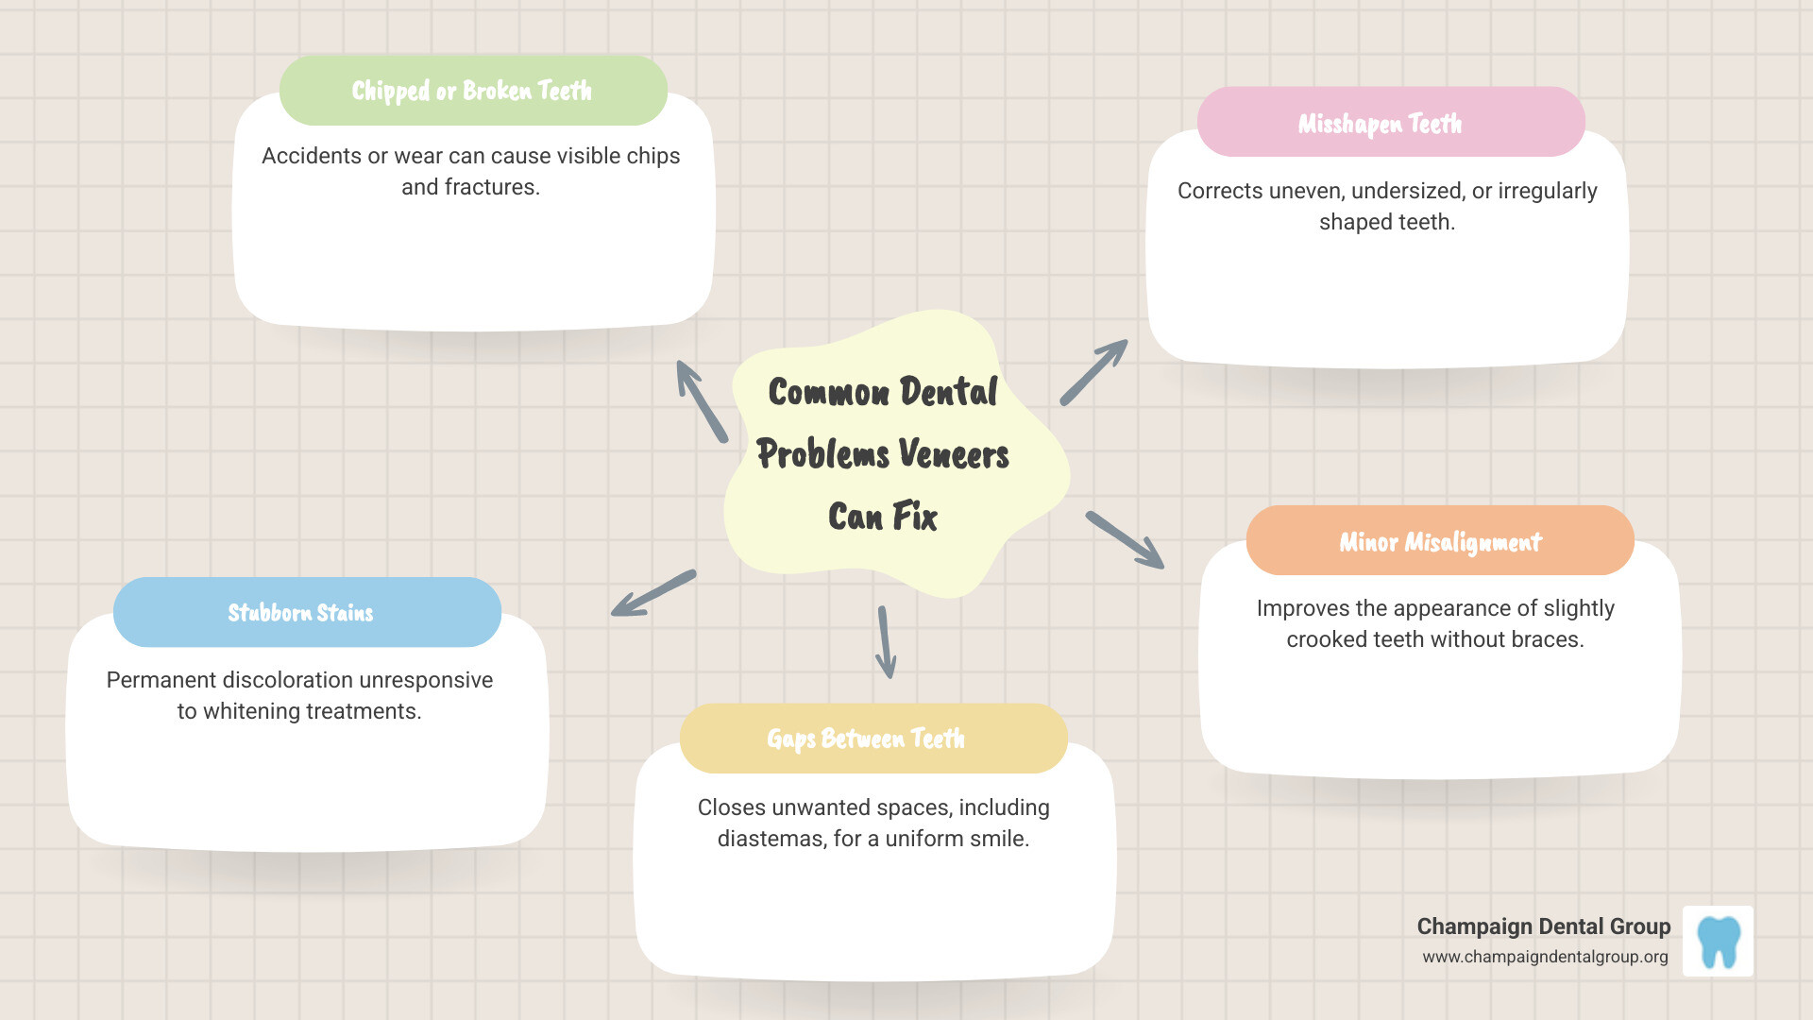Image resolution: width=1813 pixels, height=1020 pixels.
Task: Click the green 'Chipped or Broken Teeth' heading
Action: click(x=472, y=91)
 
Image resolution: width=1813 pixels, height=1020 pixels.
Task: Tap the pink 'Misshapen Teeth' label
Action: click(x=1380, y=124)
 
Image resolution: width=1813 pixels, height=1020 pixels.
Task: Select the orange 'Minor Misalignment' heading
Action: click(x=1440, y=542)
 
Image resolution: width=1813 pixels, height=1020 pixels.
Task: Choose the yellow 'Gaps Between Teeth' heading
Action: click(x=866, y=739)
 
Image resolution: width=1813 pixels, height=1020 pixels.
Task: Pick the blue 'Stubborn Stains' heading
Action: click(x=300, y=613)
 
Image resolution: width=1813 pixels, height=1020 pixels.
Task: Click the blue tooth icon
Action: click(x=1719, y=942)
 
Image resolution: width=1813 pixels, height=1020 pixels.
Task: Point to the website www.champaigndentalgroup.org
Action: click(x=1545, y=957)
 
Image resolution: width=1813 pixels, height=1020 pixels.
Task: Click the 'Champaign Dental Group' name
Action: click(x=1543, y=926)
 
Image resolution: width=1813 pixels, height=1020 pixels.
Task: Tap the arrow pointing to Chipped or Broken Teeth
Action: click(x=702, y=401)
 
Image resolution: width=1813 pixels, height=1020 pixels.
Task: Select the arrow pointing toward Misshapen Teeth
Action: click(x=1093, y=372)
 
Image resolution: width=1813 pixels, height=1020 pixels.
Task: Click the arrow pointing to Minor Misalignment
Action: click(x=1125, y=540)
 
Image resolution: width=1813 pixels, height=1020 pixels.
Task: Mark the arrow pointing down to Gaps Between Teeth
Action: click(x=886, y=642)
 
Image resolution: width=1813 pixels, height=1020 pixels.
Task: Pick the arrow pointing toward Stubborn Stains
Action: click(x=653, y=593)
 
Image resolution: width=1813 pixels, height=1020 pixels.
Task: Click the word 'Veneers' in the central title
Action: click(x=954, y=455)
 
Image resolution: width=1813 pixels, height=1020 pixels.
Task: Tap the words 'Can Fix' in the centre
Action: click(x=883, y=518)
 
